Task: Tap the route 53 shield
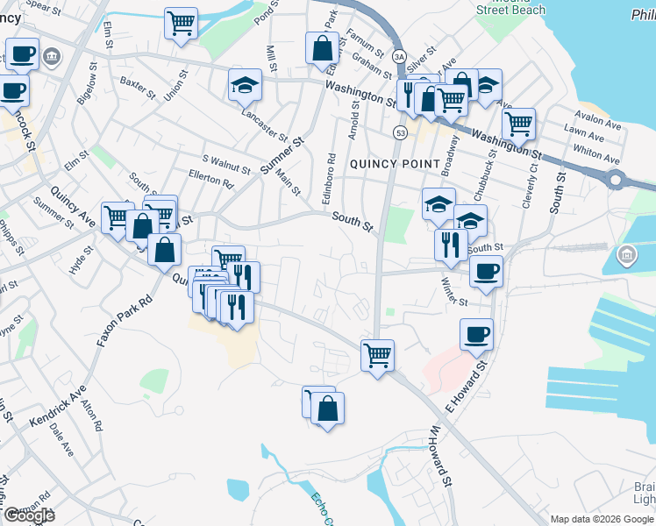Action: tap(400, 132)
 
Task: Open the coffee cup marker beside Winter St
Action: tap(486, 271)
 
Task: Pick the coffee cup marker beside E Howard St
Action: tap(476, 333)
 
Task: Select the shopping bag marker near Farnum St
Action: tap(322, 46)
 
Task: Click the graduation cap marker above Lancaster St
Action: tap(245, 84)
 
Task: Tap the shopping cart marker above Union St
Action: tap(181, 23)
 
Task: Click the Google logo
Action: tap(28, 515)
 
